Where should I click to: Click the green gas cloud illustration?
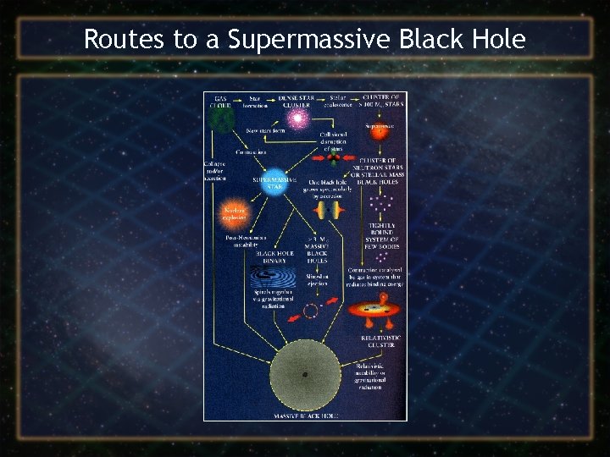[222, 120]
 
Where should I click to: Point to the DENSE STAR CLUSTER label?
[297, 102]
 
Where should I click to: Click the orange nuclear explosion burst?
[234, 212]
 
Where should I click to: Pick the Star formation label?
[255, 102]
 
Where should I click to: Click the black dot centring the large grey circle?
[304, 375]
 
